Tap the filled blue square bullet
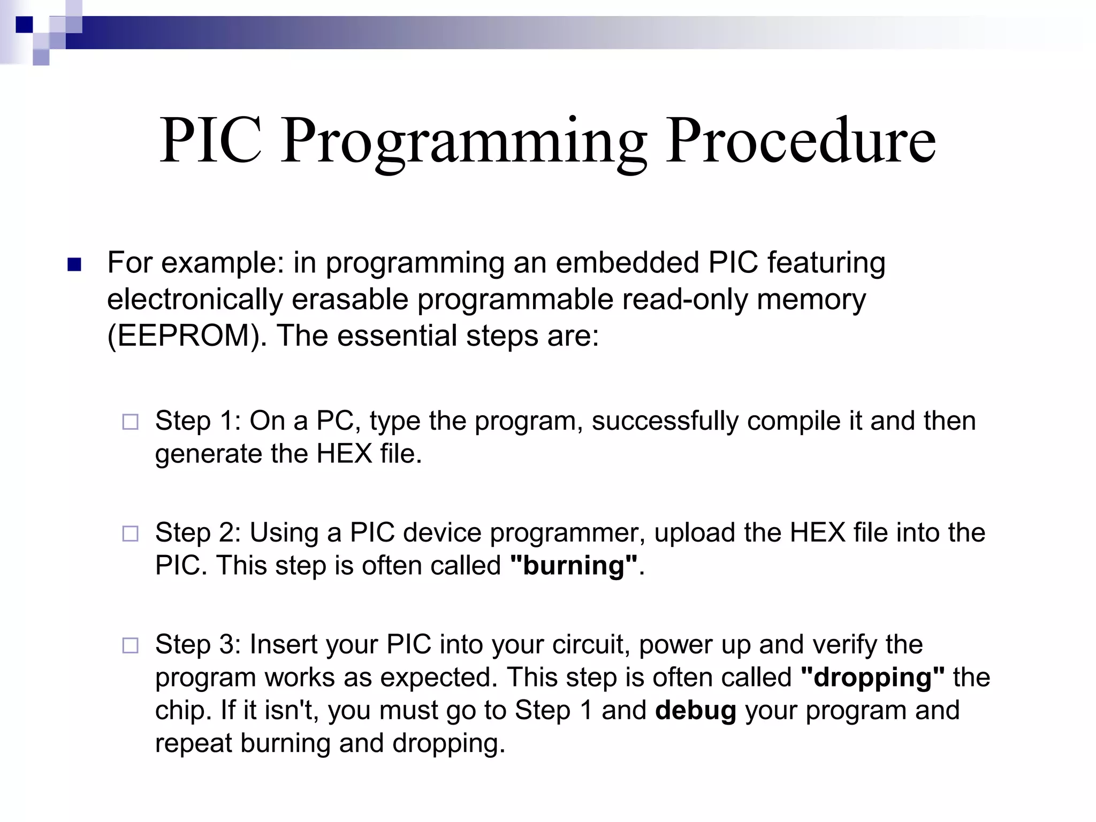[74, 264]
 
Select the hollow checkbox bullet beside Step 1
[130, 422]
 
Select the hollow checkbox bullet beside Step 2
[130, 534]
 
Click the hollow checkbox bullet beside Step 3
[130, 645]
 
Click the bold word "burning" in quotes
[574, 566]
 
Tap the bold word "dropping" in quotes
[873, 678]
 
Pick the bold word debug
[696, 711]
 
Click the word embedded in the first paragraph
[627, 263]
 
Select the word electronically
[195, 299]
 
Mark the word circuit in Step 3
[589, 644]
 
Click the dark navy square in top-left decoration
[24, 25]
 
